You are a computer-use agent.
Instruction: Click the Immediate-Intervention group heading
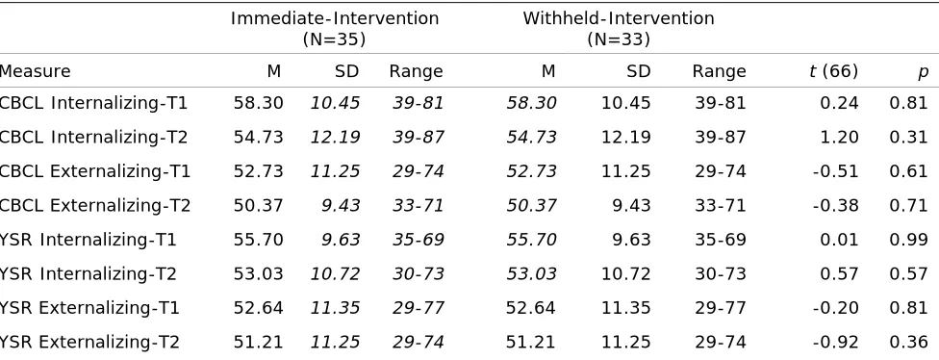tap(335, 18)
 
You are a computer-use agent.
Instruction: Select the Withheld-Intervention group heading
tap(619, 18)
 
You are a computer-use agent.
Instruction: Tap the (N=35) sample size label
tap(334, 39)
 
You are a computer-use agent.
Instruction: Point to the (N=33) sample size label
tap(619, 39)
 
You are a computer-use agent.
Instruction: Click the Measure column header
tap(35, 72)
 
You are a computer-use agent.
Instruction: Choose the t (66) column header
tap(833, 72)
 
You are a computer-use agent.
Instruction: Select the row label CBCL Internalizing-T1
tap(93, 103)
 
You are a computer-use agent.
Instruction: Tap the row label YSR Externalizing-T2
tap(89, 343)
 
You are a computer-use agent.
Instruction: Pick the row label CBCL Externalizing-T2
tap(95, 206)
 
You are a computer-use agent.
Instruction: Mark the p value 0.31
tap(908, 138)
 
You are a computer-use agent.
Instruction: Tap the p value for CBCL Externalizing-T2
tap(908, 206)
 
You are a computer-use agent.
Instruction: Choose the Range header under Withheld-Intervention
tap(720, 72)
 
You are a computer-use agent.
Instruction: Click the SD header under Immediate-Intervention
tap(346, 72)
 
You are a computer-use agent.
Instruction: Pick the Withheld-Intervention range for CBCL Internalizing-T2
tap(721, 138)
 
